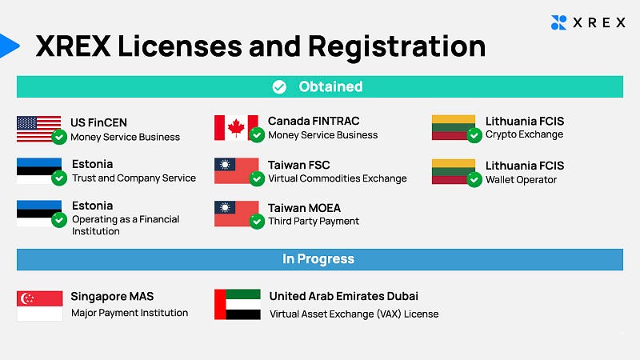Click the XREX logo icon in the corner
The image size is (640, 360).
click(558, 22)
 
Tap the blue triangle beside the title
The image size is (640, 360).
click(9, 46)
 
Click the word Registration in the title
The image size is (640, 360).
click(397, 47)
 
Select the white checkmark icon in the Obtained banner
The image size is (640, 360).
click(279, 86)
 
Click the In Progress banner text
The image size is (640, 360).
click(318, 258)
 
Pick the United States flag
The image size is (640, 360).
click(38, 129)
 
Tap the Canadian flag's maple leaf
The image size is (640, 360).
click(236, 128)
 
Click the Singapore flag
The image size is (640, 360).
click(39, 306)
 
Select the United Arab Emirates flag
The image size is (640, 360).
click(238, 305)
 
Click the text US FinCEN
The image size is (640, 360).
click(98, 122)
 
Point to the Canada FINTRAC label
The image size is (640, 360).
click(314, 121)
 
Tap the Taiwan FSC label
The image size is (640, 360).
click(298, 165)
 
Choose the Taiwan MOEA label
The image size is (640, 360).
click(304, 208)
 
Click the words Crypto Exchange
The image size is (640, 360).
click(524, 134)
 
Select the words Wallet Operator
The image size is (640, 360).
click(521, 179)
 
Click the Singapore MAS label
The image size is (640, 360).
click(112, 296)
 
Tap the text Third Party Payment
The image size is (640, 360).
click(314, 222)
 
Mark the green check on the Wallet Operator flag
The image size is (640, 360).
click(474, 179)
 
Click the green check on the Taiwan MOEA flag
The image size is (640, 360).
click(257, 222)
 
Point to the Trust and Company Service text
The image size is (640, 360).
click(134, 178)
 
